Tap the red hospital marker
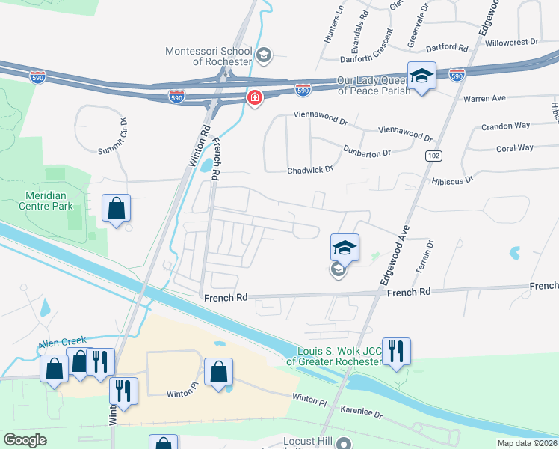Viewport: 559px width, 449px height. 255,99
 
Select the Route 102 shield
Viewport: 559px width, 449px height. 433,155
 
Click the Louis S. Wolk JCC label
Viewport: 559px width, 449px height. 339,356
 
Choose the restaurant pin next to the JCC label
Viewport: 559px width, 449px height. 396,351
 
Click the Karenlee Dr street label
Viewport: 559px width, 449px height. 362,414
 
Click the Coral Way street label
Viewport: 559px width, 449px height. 515,148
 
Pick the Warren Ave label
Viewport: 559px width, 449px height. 484,98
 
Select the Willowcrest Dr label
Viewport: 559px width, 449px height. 511,43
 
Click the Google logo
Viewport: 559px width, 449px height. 25,440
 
